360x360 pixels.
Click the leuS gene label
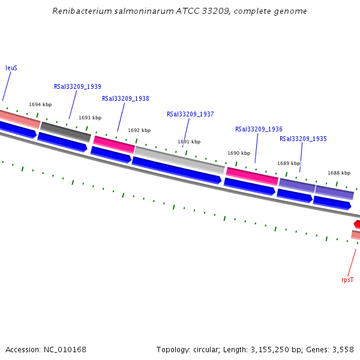(11, 68)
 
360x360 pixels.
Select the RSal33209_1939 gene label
(77, 86)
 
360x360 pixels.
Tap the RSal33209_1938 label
(125, 98)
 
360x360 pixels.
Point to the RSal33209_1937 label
(190, 114)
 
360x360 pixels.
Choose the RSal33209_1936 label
(259, 129)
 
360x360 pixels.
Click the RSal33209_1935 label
(303, 139)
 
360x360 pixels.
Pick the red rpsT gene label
(347, 280)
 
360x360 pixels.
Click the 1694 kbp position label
(40, 104)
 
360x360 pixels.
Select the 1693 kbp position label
(90, 118)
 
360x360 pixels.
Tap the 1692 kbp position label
(139, 130)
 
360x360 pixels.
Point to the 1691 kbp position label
(189, 142)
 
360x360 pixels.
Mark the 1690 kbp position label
(239, 153)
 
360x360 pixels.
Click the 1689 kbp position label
(288, 163)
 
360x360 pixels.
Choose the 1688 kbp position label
(338, 173)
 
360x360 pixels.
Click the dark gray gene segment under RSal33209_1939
(66, 132)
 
